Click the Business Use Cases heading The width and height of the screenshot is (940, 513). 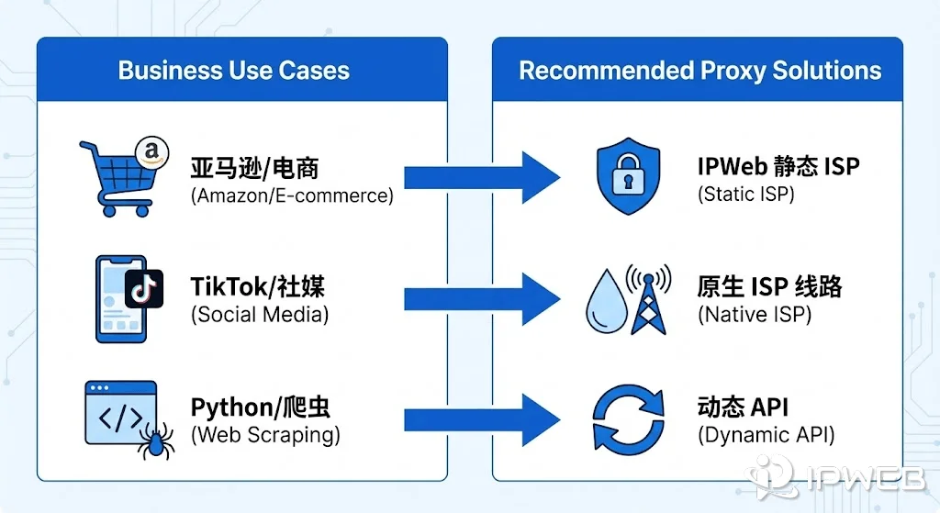(x=234, y=71)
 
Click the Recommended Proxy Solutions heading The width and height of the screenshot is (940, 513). (x=699, y=71)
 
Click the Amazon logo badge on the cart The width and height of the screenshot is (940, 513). (x=147, y=152)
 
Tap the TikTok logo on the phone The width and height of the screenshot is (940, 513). (x=143, y=288)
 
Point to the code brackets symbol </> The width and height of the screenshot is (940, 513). (x=120, y=418)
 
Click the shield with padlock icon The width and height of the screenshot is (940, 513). (x=627, y=178)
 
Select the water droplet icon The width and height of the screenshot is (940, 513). (x=605, y=302)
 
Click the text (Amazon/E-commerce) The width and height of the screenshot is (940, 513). (x=292, y=195)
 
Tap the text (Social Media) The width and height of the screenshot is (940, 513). (x=260, y=315)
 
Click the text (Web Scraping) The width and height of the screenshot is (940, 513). (x=265, y=434)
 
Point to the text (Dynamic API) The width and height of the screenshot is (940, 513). (x=767, y=434)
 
